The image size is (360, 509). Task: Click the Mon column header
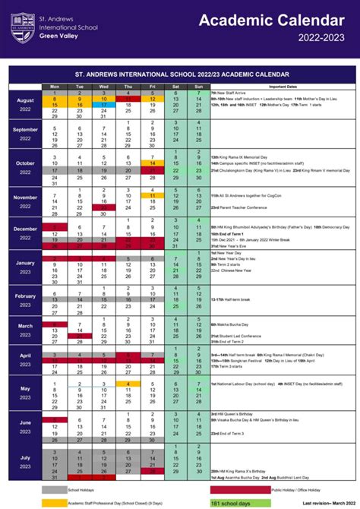54,87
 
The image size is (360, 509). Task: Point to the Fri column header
152,87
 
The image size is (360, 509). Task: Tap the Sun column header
199,87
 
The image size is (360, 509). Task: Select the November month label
25,201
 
